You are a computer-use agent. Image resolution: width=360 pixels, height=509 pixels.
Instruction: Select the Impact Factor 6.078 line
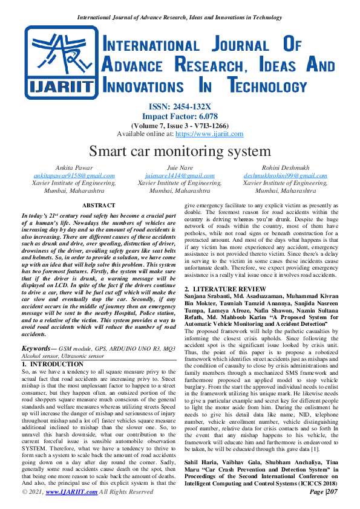tap(180, 116)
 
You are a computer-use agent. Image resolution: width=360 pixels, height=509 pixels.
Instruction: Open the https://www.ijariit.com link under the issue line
tap(209, 134)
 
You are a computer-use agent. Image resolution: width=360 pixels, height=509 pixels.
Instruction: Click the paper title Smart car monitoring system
tap(180, 151)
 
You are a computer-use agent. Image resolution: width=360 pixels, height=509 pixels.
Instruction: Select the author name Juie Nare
tap(180, 168)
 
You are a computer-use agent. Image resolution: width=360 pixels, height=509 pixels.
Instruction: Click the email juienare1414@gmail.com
tap(180, 175)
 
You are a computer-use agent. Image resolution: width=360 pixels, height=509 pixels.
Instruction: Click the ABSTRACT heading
tap(98, 206)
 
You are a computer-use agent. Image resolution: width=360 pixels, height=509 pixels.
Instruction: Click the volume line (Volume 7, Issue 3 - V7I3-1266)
tap(180, 125)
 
